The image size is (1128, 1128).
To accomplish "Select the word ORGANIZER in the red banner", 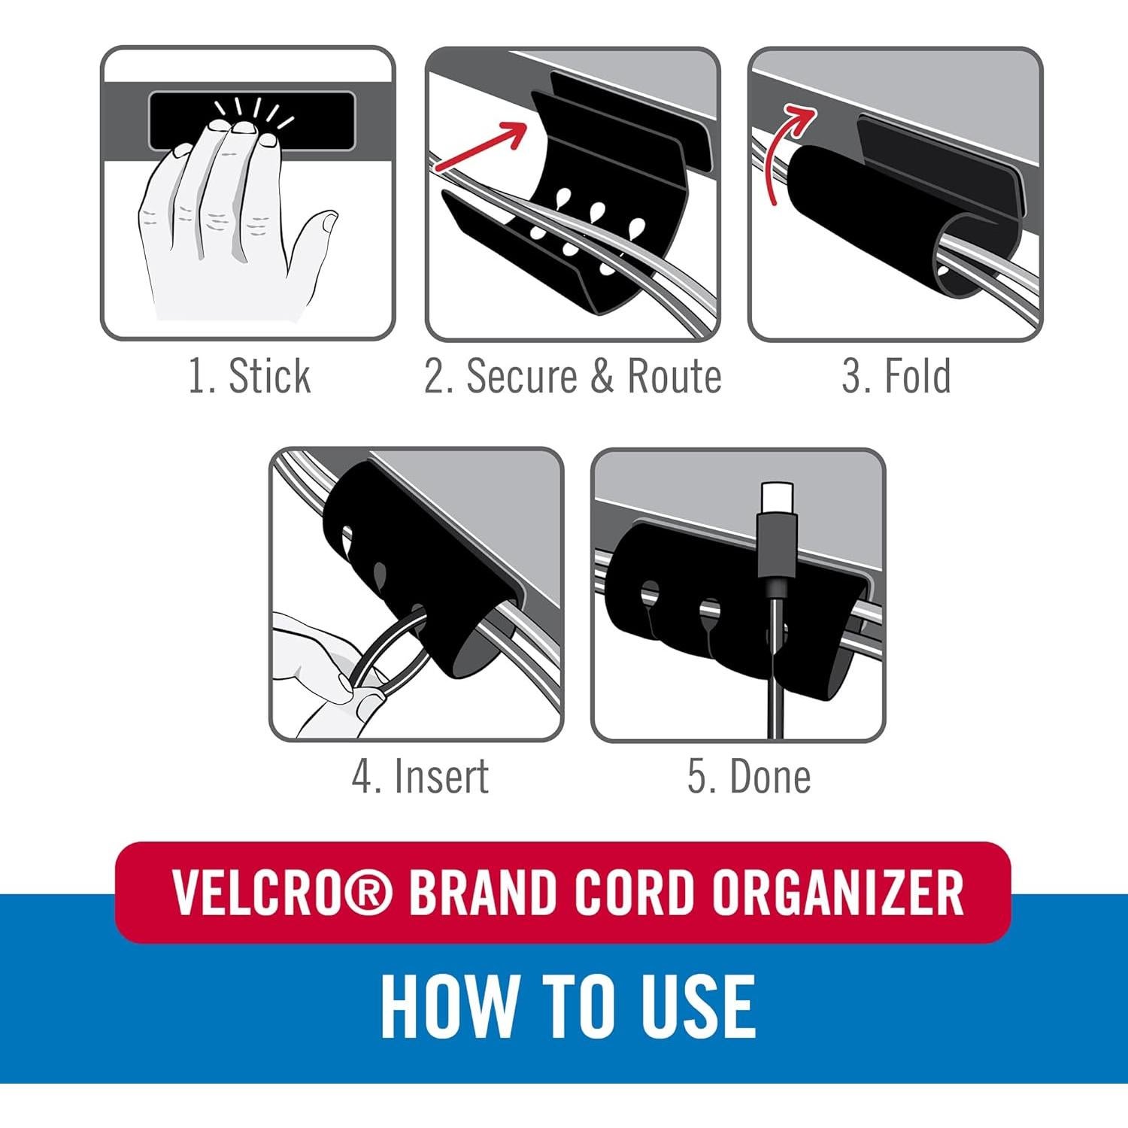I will click(x=838, y=893).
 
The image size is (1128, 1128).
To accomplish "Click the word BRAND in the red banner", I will click(x=481, y=893).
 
